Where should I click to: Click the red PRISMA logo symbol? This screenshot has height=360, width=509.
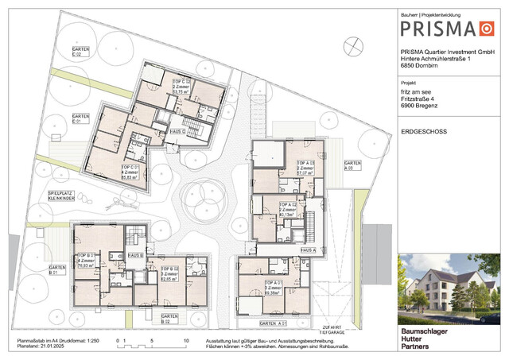click(x=486, y=29)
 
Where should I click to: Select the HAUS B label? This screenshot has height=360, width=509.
click(x=135, y=255)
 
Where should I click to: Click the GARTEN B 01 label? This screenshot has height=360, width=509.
click(x=56, y=270)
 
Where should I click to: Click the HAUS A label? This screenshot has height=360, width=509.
click(x=308, y=249)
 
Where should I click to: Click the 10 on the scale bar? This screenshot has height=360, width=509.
click(x=185, y=340)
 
